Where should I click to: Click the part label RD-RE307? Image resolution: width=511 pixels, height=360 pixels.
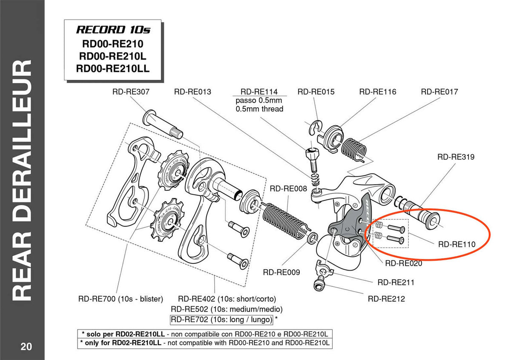coord(131,91)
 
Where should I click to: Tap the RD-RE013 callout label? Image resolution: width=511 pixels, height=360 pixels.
coord(192,91)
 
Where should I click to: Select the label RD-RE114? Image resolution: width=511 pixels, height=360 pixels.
coord(259,91)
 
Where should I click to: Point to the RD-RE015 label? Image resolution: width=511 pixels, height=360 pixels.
coord(316,91)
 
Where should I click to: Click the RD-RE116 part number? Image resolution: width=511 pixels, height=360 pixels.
coord(378,91)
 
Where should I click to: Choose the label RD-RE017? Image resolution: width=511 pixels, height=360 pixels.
coord(439,91)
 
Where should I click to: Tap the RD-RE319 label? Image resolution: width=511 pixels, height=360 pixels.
coord(456,157)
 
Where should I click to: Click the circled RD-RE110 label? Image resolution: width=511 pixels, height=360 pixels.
coord(457,245)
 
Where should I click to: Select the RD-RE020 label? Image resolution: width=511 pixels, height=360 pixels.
coord(404,263)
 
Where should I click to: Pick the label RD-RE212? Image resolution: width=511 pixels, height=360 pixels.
coord(386,299)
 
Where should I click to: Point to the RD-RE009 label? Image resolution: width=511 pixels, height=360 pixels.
coord(281,272)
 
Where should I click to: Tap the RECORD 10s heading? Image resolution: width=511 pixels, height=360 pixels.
coord(113,30)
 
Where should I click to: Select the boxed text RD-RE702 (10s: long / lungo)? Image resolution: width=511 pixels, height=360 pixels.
coord(221,319)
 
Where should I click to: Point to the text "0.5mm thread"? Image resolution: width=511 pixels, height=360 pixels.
coord(259,109)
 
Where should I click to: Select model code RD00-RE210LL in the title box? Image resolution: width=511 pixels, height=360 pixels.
coord(113,68)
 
